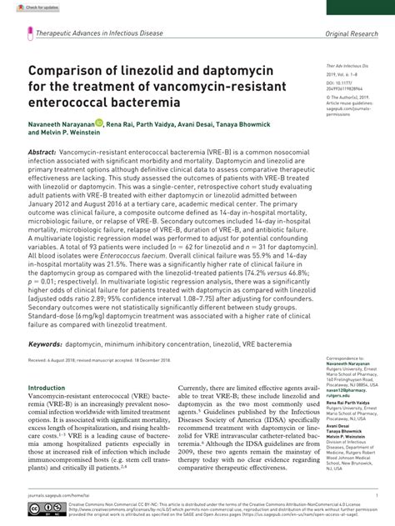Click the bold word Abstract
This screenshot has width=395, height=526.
43,155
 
